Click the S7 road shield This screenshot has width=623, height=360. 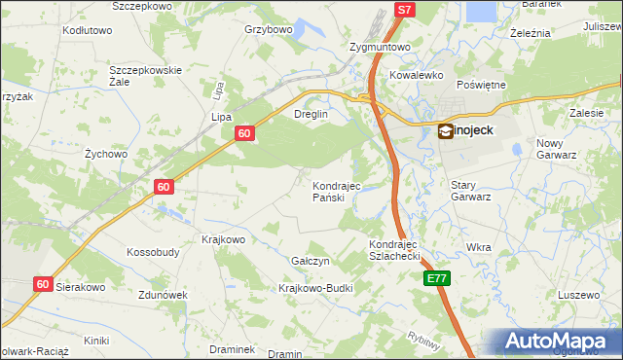point(405,10)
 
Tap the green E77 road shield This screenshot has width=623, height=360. point(437,278)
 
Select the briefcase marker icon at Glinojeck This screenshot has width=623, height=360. point(445,129)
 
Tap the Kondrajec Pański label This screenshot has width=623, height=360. point(336,191)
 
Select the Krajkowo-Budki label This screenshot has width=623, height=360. point(314,288)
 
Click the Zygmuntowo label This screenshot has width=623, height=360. point(380,47)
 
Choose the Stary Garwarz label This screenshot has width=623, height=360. point(470,190)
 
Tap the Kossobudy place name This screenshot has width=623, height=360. point(153,252)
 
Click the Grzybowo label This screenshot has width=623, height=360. point(269,29)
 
